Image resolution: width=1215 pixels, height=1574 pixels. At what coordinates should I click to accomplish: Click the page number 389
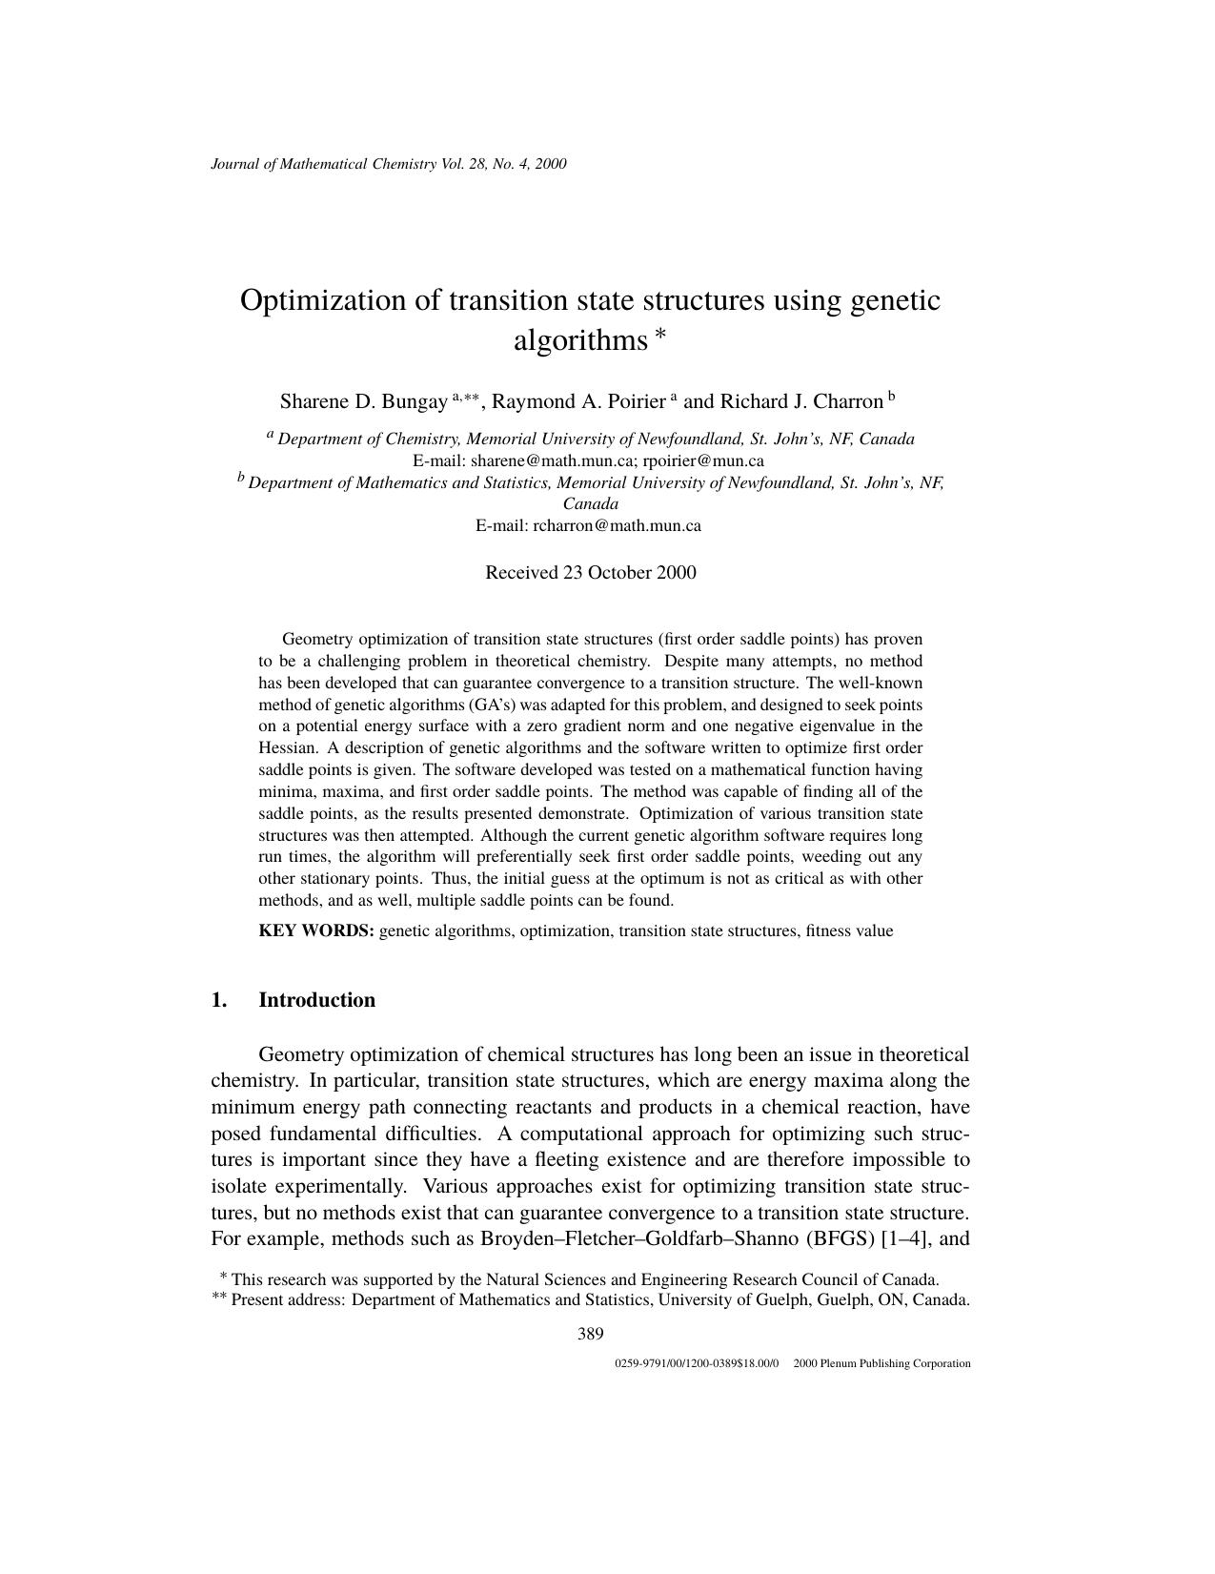pos(590,1334)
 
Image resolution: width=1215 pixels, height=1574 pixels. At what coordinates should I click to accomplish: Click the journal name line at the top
pos(388,164)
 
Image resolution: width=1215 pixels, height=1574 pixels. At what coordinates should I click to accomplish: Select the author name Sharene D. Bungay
pos(363,401)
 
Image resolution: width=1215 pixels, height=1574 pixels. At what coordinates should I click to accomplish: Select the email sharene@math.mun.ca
pos(549,460)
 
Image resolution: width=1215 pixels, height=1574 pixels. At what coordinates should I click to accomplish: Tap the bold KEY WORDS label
pos(316,931)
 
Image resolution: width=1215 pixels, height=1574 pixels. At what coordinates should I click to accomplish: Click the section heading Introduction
pos(316,1000)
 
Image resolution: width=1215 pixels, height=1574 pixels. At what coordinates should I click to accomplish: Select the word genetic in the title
pos(894,300)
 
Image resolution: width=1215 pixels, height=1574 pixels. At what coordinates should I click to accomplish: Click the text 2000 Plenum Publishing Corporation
pos(881,1364)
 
